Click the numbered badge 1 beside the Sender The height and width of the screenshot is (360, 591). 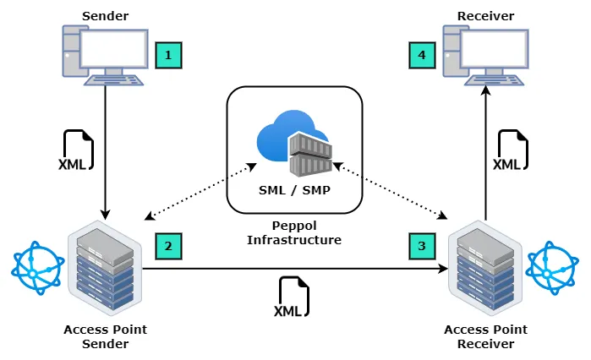pyautogui.click(x=168, y=56)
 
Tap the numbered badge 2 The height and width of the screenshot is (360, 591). pyautogui.click(x=168, y=247)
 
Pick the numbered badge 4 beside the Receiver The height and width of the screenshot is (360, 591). pyautogui.click(x=422, y=56)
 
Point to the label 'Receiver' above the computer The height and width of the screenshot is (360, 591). pyautogui.click(x=485, y=16)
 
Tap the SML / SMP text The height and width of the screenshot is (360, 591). pyautogui.click(x=294, y=190)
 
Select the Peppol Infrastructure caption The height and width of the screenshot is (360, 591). pyautogui.click(x=294, y=233)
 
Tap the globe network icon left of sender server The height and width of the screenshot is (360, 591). pyautogui.click(x=36, y=268)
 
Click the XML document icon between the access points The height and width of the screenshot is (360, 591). pyautogui.click(x=293, y=298)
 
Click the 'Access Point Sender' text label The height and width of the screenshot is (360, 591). pyautogui.click(x=104, y=337)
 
